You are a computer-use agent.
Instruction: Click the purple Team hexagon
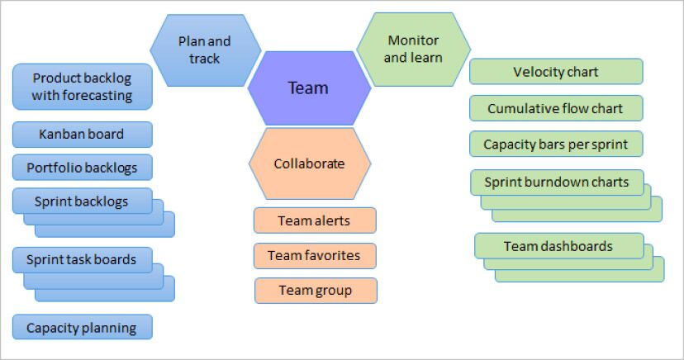(x=308, y=88)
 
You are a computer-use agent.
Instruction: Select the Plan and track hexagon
(x=205, y=50)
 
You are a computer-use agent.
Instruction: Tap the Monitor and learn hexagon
(x=413, y=50)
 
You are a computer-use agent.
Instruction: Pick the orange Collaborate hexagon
(x=309, y=163)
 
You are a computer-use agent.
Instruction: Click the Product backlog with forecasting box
(x=83, y=87)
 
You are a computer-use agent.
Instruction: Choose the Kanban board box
(x=83, y=134)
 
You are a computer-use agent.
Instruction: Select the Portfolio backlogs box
(x=83, y=168)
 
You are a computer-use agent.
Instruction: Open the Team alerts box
(x=314, y=220)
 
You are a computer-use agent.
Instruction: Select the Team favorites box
(x=315, y=255)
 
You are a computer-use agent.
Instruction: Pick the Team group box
(x=315, y=290)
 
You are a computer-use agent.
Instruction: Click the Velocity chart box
(x=556, y=72)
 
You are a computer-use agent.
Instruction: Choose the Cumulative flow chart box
(x=556, y=108)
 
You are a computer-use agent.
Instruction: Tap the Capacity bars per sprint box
(x=556, y=144)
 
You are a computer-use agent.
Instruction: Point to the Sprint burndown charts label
(x=557, y=182)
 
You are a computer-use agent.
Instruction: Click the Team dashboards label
(x=558, y=246)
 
